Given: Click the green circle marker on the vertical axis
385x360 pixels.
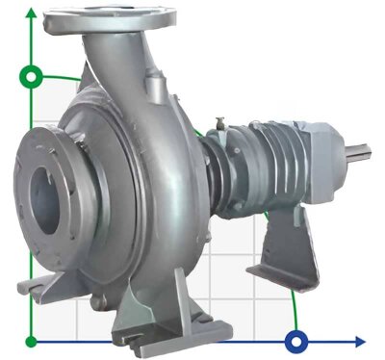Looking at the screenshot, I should click(33, 75).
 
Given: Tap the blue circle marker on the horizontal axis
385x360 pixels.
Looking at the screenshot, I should click(297, 340).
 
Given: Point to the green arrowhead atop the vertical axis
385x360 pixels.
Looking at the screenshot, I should click(33, 13).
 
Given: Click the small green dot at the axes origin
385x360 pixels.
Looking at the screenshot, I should click(33, 341).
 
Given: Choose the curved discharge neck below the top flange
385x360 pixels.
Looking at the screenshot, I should click(125, 58).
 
